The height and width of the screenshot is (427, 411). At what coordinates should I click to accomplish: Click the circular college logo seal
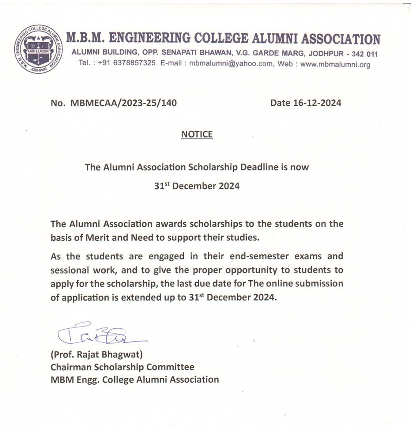[38, 48]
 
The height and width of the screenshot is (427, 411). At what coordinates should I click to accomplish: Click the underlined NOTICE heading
[197, 134]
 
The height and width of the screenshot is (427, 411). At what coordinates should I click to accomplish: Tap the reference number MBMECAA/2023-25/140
[124, 103]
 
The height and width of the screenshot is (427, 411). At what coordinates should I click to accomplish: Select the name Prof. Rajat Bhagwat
[98, 354]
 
